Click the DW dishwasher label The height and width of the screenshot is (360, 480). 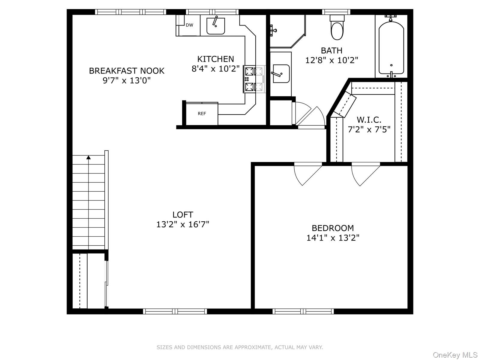(x=189, y=25)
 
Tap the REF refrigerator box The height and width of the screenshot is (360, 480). (x=202, y=114)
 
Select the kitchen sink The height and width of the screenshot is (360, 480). (x=215, y=26)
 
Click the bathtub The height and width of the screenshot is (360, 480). (x=391, y=48)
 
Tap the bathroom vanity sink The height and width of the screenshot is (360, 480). (x=281, y=74)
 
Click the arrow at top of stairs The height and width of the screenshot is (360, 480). (x=88, y=157)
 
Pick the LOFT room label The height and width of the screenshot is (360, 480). (x=182, y=215)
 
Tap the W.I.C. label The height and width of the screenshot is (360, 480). (x=369, y=120)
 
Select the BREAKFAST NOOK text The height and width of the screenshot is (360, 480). (x=127, y=71)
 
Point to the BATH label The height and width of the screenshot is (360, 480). (x=331, y=50)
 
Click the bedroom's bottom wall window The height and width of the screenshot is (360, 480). (x=303, y=311)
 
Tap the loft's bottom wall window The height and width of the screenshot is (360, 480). (x=175, y=311)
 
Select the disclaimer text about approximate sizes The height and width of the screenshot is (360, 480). (x=240, y=347)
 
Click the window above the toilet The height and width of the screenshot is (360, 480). (x=336, y=12)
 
